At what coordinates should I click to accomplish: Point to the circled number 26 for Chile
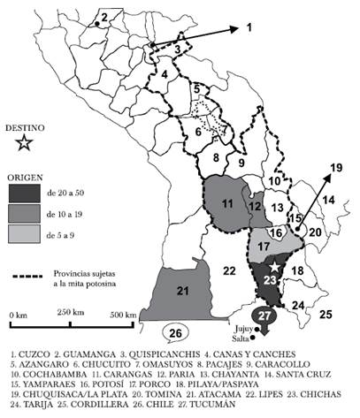pos(177,334)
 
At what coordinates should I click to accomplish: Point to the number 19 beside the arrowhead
pos(335,166)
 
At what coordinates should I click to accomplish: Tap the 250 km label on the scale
pos(72,315)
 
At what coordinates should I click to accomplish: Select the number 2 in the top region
pos(104,17)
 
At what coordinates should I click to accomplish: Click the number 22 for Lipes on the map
pos(228,270)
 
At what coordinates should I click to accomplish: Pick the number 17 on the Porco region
pos(264,245)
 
